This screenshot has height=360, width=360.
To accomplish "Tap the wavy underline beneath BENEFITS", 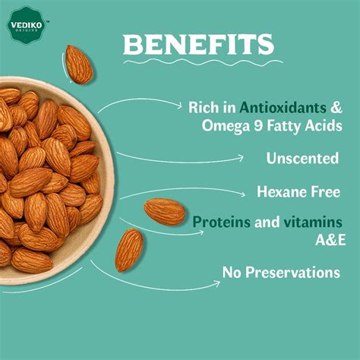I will click(199, 64).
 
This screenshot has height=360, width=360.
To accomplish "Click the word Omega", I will click(215, 125).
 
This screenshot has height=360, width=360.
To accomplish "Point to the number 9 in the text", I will click(249, 125).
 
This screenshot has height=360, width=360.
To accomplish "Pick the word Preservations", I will click(293, 272).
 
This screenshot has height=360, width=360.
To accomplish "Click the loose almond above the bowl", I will click(78, 64).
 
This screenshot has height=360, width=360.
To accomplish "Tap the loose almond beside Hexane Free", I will click(165, 211).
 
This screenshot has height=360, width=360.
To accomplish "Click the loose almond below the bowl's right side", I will click(129, 250).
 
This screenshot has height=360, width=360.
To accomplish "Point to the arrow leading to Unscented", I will click(182, 159).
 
